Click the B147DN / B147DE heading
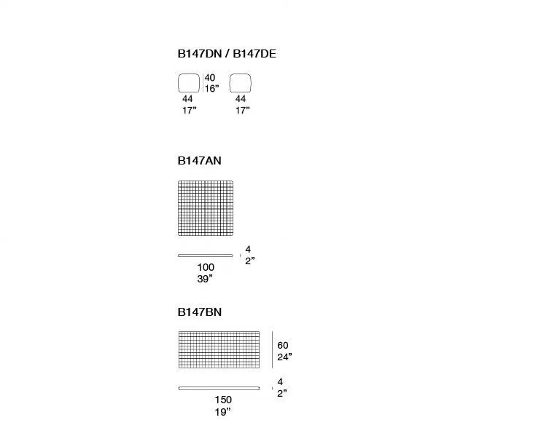(x=227, y=54)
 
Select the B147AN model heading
(x=200, y=160)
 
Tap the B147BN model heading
(x=200, y=312)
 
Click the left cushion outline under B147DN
(x=179, y=83)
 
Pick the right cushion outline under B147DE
(x=230, y=83)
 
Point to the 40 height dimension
(x=210, y=77)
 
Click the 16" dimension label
(x=211, y=89)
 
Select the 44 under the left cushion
(x=187, y=99)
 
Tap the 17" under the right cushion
(x=243, y=110)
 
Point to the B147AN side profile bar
(x=206, y=255)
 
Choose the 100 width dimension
(x=206, y=267)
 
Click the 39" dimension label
(x=205, y=279)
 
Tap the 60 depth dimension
(x=283, y=346)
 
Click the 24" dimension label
(x=284, y=357)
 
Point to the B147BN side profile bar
(x=219, y=388)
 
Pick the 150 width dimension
(x=223, y=400)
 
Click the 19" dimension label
(x=222, y=412)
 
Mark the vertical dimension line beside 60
(x=272, y=350)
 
